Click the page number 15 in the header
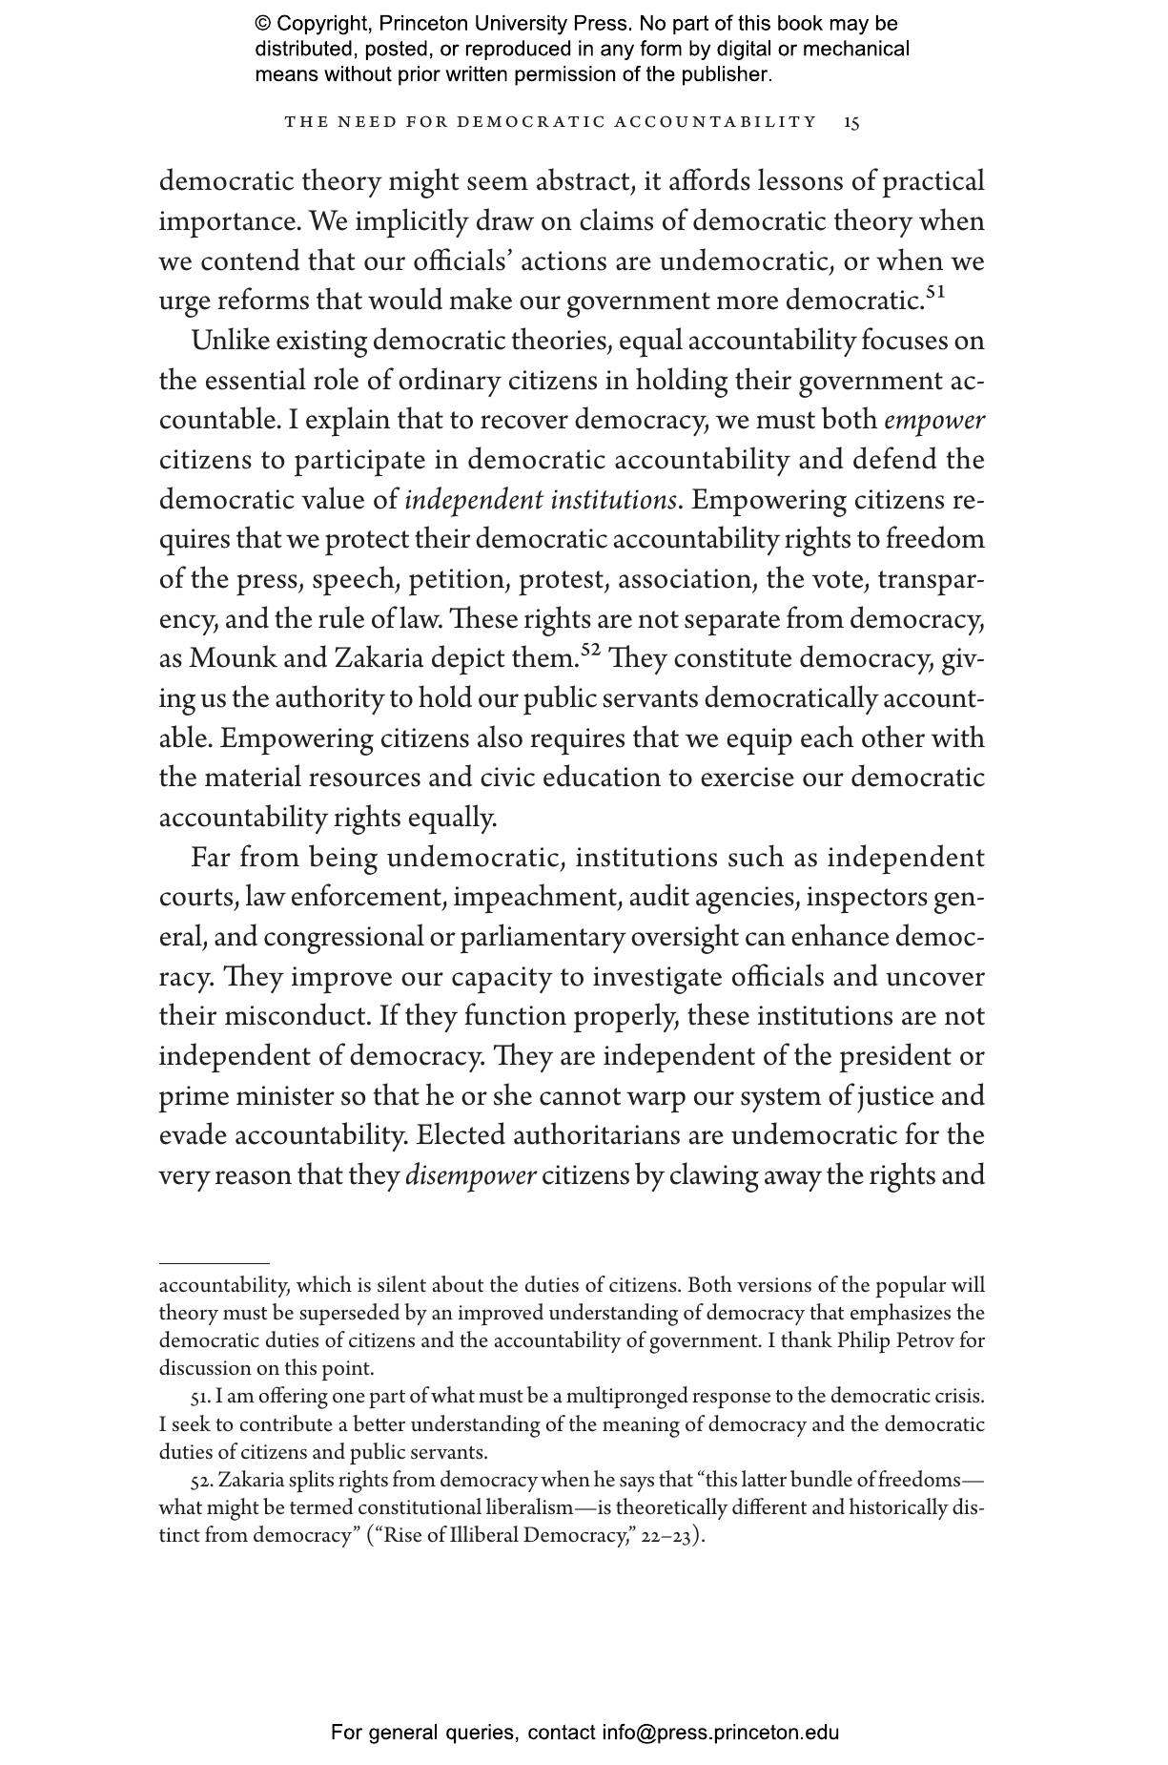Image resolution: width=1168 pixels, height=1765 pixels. pyautogui.click(x=851, y=122)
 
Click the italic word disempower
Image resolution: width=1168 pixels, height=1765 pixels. pyautogui.click(x=471, y=1175)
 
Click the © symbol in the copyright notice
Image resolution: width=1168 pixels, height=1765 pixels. pyautogui.click(x=263, y=24)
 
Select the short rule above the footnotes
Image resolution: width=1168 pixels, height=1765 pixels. pyautogui.click(x=214, y=1263)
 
